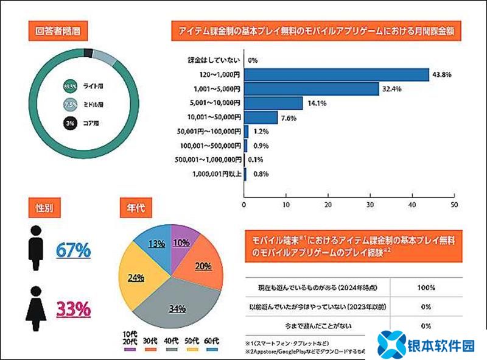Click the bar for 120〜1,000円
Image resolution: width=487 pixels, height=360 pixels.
pyautogui.click(x=337, y=74)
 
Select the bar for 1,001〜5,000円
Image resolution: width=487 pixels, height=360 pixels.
pyautogui.click(x=313, y=89)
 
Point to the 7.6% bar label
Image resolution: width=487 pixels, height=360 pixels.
pyautogui.click(x=291, y=117)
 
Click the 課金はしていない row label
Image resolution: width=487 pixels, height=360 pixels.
pyautogui.click(x=213, y=60)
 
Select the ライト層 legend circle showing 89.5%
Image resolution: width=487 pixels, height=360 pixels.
pyautogui.click(x=70, y=86)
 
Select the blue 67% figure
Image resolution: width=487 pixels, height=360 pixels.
pyautogui.click(x=73, y=249)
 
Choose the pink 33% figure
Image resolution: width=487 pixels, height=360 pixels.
pyautogui.click(x=73, y=309)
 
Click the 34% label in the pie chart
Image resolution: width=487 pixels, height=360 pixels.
pyautogui.click(x=177, y=308)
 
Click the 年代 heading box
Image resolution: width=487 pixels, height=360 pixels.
pyautogui.click(x=135, y=208)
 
